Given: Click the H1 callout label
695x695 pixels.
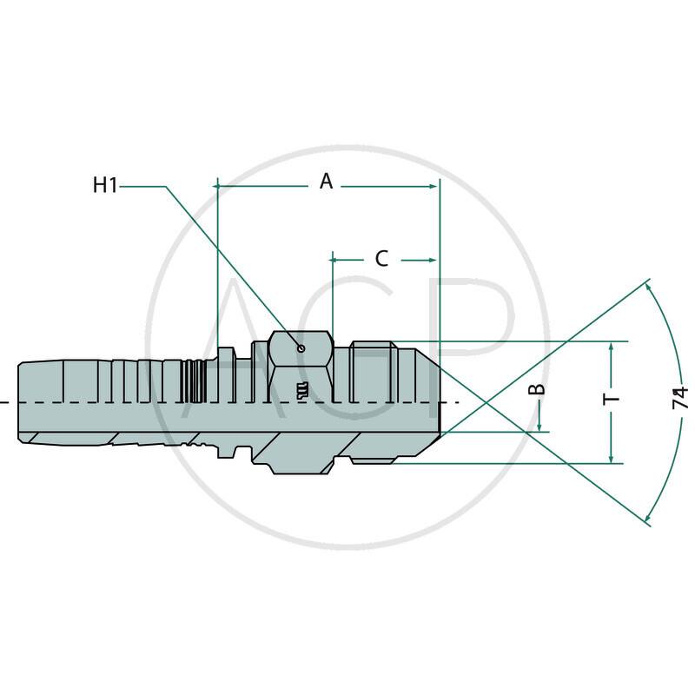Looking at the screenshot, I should [105, 185].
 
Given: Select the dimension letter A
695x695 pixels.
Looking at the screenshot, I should [326, 181].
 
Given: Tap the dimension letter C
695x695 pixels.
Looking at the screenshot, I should [381, 258].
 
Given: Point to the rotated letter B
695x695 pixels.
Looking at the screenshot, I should [539, 388].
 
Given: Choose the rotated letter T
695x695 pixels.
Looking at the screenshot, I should [612, 400].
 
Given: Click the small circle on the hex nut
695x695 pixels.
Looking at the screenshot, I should [301, 348].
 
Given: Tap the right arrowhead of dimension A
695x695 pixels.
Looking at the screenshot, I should [434, 186].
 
